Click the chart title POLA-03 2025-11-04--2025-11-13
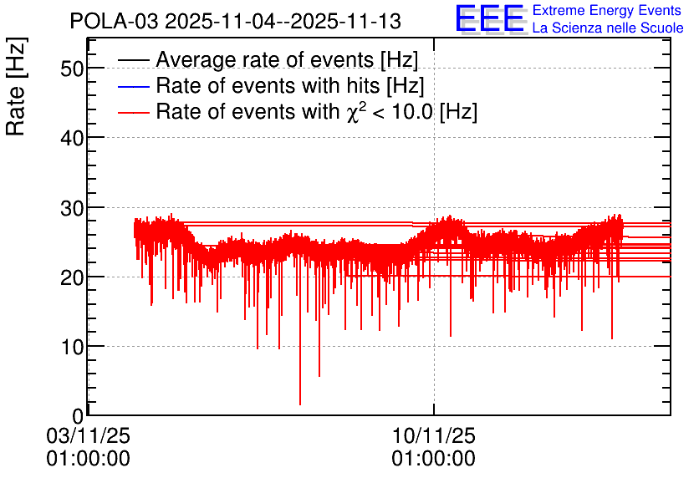click(236, 21)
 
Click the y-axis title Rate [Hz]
click(16, 87)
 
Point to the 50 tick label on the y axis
click(72, 69)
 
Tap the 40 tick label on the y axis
click(72, 138)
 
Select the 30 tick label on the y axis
click(72, 208)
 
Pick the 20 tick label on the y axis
click(72, 277)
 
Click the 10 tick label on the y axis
click(72, 347)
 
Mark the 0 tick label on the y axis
click(78, 416)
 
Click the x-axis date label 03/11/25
click(89, 435)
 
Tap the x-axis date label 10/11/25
click(434, 435)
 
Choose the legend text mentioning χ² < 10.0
click(317, 111)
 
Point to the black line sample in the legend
click(133, 60)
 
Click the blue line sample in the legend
click(133, 86)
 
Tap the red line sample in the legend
click(133, 112)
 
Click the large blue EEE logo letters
click(489, 18)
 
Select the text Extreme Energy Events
click(607, 10)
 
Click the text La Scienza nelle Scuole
click(608, 28)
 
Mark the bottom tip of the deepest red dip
click(300, 404)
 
